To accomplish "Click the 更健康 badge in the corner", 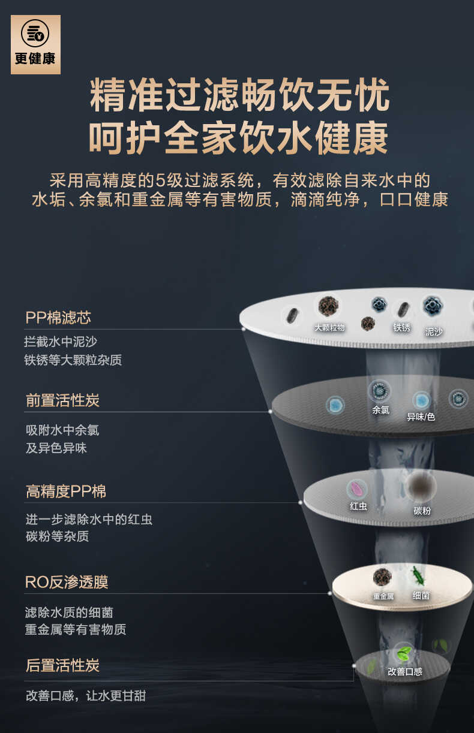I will pyautogui.click(x=35, y=44).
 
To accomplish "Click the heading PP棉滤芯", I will pyautogui.click(x=58, y=317).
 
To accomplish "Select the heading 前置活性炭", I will pyautogui.click(x=62, y=400).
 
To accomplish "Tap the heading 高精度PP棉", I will pyautogui.click(x=66, y=491).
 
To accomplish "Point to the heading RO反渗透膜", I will pyautogui.click(x=67, y=582).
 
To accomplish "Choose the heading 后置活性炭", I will pyautogui.click(x=62, y=665).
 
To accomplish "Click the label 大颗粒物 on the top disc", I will pyautogui.click(x=329, y=328).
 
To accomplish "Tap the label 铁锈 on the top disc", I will pyautogui.click(x=401, y=328).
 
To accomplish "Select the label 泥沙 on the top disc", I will pyautogui.click(x=433, y=331).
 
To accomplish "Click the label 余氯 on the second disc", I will pyautogui.click(x=380, y=411).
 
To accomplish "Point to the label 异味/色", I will pyautogui.click(x=421, y=417).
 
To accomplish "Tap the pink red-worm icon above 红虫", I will pyautogui.click(x=358, y=489).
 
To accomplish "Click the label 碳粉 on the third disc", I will pyautogui.click(x=422, y=511).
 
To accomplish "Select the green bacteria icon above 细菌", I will pyautogui.click(x=418, y=577).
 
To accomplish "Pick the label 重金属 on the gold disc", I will pyautogui.click(x=383, y=596).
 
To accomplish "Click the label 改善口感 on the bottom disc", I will pyautogui.click(x=404, y=672).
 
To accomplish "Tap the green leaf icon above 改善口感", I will pyautogui.click(x=404, y=653).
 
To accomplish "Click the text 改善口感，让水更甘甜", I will pyautogui.click(x=85, y=696).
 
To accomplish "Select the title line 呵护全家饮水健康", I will pyautogui.click(x=239, y=138).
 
